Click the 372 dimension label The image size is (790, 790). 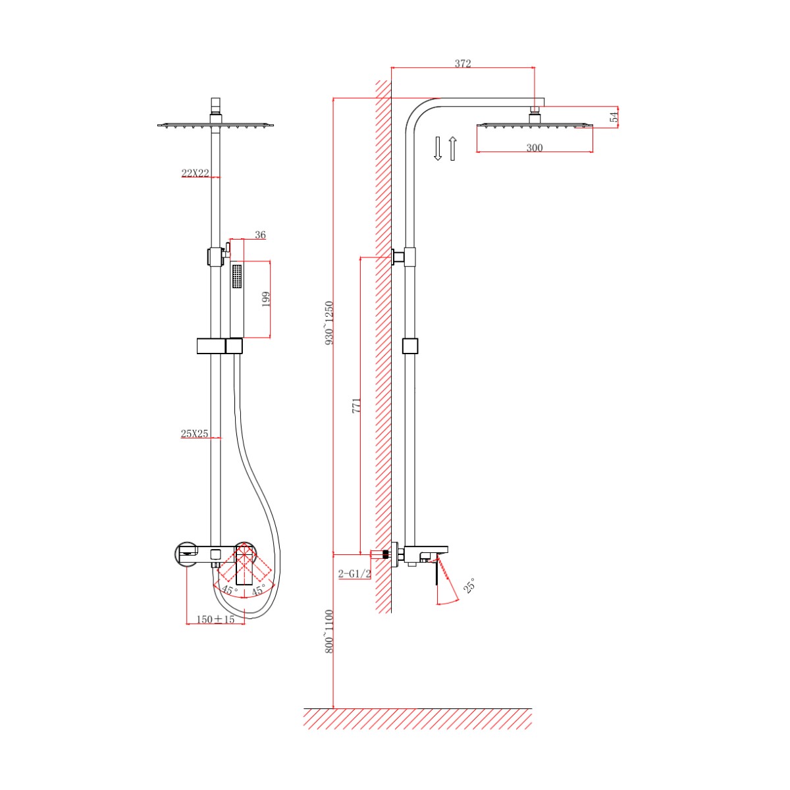coord(462,64)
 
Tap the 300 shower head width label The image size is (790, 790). coord(534,147)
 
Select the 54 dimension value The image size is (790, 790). coord(614,117)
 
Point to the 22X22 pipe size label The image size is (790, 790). coord(195,173)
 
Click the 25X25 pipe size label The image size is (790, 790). coord(195,433)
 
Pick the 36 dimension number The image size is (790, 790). coord(260,235)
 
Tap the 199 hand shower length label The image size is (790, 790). coord(266,300)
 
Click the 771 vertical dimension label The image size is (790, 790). coord(356,405)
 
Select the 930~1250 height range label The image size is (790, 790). coord(330,323)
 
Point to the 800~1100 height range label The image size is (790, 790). coord(330,631)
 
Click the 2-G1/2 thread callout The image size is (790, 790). coord(355,574)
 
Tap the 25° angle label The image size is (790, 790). coord(469,585)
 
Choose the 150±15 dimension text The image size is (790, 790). coord(216,619)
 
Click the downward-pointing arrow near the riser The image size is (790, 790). coord(437,148)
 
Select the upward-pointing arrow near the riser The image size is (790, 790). coord(452,148)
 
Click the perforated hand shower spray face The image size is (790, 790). coord(237,277)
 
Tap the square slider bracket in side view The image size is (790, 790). coord(410,346)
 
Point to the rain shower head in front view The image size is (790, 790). coord(216,125)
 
